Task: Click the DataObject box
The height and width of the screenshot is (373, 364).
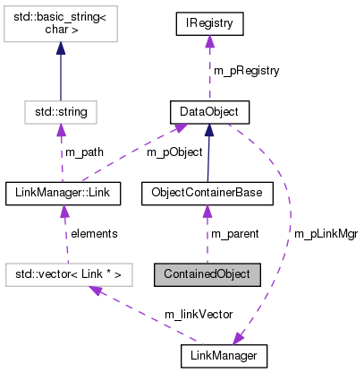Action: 208,112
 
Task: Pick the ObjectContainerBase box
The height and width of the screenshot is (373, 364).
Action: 207,193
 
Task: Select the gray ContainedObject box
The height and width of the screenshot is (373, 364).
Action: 207,273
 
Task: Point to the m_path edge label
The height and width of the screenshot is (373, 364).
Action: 84,152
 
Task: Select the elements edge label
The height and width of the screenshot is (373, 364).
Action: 93,233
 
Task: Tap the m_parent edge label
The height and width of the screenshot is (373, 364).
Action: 234,233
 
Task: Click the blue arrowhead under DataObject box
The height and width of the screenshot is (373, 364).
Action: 208,131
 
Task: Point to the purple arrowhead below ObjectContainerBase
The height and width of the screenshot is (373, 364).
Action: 207,211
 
